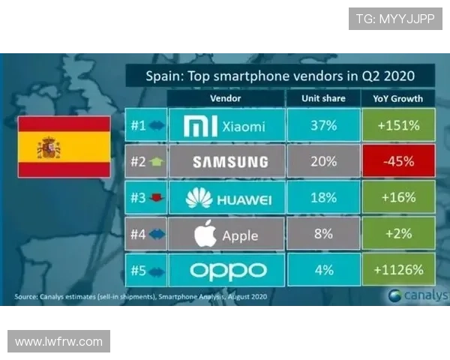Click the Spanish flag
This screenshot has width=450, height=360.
tap(64, 147)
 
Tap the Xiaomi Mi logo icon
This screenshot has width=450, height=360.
tap(200, 126)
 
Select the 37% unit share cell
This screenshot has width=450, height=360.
tap(323, 126)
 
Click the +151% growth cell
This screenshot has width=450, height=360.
tap(397, 126)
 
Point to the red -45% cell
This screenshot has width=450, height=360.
tap(397, 162)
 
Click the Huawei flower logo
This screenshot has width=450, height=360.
tap(199, 199)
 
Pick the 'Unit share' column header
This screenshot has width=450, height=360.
tap(322, 98)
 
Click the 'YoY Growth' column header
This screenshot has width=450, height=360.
tap(397, 98)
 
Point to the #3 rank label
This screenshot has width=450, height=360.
tap(137, 198)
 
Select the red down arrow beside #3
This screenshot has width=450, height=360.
tap(156, 199)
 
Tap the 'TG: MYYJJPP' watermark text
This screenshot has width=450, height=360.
tap(395, 19)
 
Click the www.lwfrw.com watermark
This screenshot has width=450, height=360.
tap(59, 341)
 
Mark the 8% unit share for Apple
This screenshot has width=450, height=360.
tap(323, 235)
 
